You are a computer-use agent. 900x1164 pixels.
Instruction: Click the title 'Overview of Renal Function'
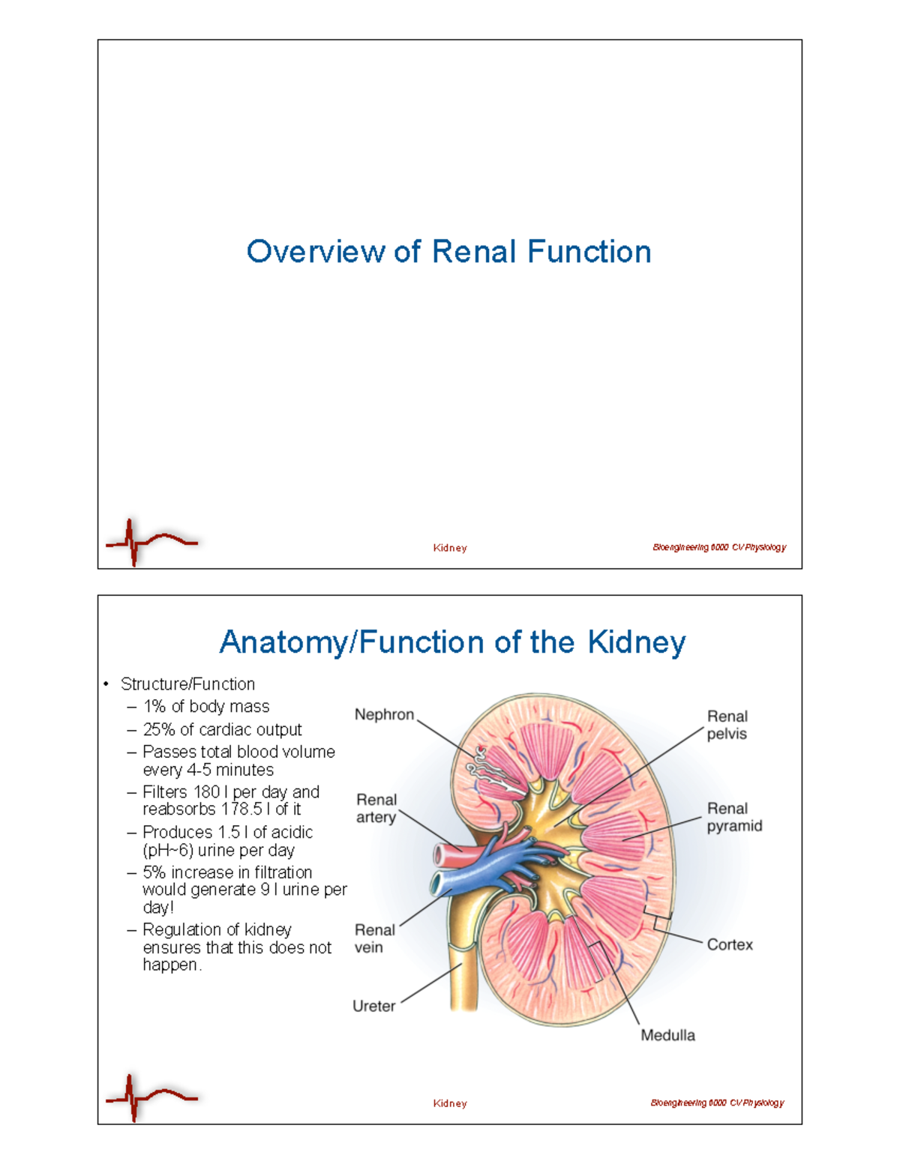coord(448,252)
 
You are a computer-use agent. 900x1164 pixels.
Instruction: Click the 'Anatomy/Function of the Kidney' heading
coord(452,642)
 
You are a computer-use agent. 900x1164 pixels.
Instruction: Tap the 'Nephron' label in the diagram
coord(384,715)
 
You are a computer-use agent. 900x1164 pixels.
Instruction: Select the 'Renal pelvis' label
coord(727,725)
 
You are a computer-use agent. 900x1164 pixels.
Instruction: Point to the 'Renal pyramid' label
coord(734,817)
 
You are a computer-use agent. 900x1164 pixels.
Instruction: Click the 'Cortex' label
coord(730,944)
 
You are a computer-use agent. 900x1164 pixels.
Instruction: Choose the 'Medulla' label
coord(667,1035)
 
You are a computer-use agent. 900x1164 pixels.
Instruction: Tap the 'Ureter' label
coord(373,1006)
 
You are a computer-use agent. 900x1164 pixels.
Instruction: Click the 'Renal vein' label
coord(374,938)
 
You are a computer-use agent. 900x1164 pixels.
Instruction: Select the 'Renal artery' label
coord(376,809)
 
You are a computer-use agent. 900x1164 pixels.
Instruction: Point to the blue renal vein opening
coord(437,884)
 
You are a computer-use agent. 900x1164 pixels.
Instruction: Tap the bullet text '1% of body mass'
coord(205,707)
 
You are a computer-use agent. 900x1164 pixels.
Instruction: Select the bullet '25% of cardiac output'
coord(222,730)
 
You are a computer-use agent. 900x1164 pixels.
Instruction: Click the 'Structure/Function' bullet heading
coord(187,684)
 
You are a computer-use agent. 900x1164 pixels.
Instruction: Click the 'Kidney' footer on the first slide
coord(450,548)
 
